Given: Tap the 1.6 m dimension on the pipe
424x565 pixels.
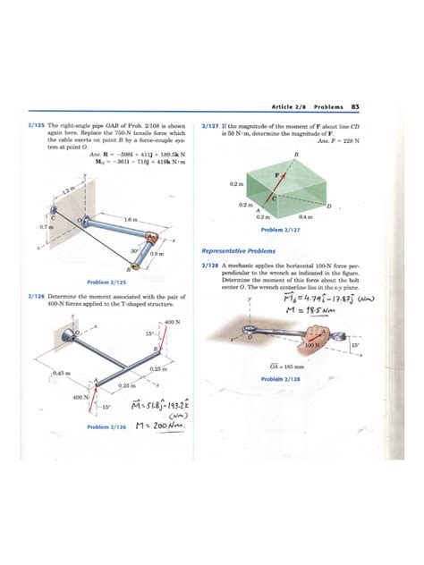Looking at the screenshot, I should [x=131, y=218].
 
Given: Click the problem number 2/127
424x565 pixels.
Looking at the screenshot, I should [x=210, y=127].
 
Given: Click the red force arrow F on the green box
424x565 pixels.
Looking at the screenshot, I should [x=267, y=178].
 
